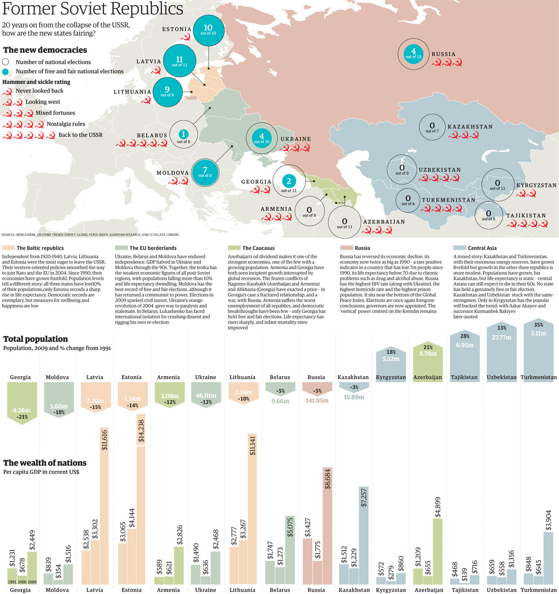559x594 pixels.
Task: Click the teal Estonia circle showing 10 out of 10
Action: (208, 31)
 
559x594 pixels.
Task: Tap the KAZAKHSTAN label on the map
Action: (470, 127)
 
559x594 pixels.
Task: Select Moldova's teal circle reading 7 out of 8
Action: (205, 172)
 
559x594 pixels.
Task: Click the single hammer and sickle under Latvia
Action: (156, 70)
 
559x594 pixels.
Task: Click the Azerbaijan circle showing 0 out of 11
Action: (345, 223)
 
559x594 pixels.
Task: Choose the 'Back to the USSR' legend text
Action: (80, 135)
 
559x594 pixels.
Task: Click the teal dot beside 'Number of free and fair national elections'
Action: (6, 72)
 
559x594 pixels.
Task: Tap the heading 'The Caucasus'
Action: (259, 248)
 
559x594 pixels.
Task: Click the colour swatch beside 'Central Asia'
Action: (460, 248)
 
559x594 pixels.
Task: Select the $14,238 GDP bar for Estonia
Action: (141, 499)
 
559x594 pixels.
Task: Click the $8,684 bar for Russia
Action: (327, 526)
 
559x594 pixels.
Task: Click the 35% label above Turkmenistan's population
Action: (539, 325)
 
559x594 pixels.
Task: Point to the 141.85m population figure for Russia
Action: (317, 400)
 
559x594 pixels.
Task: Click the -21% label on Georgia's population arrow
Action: (22, 417)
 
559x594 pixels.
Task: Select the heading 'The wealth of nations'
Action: (45, 463)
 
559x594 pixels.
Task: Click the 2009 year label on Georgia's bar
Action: (32, 582)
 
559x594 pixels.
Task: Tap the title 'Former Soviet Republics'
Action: (93, 8)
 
